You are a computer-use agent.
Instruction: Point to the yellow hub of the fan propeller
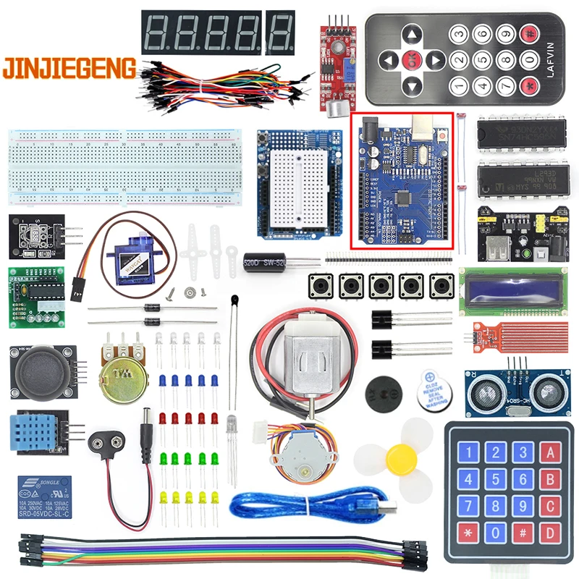[x=399, y=458]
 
